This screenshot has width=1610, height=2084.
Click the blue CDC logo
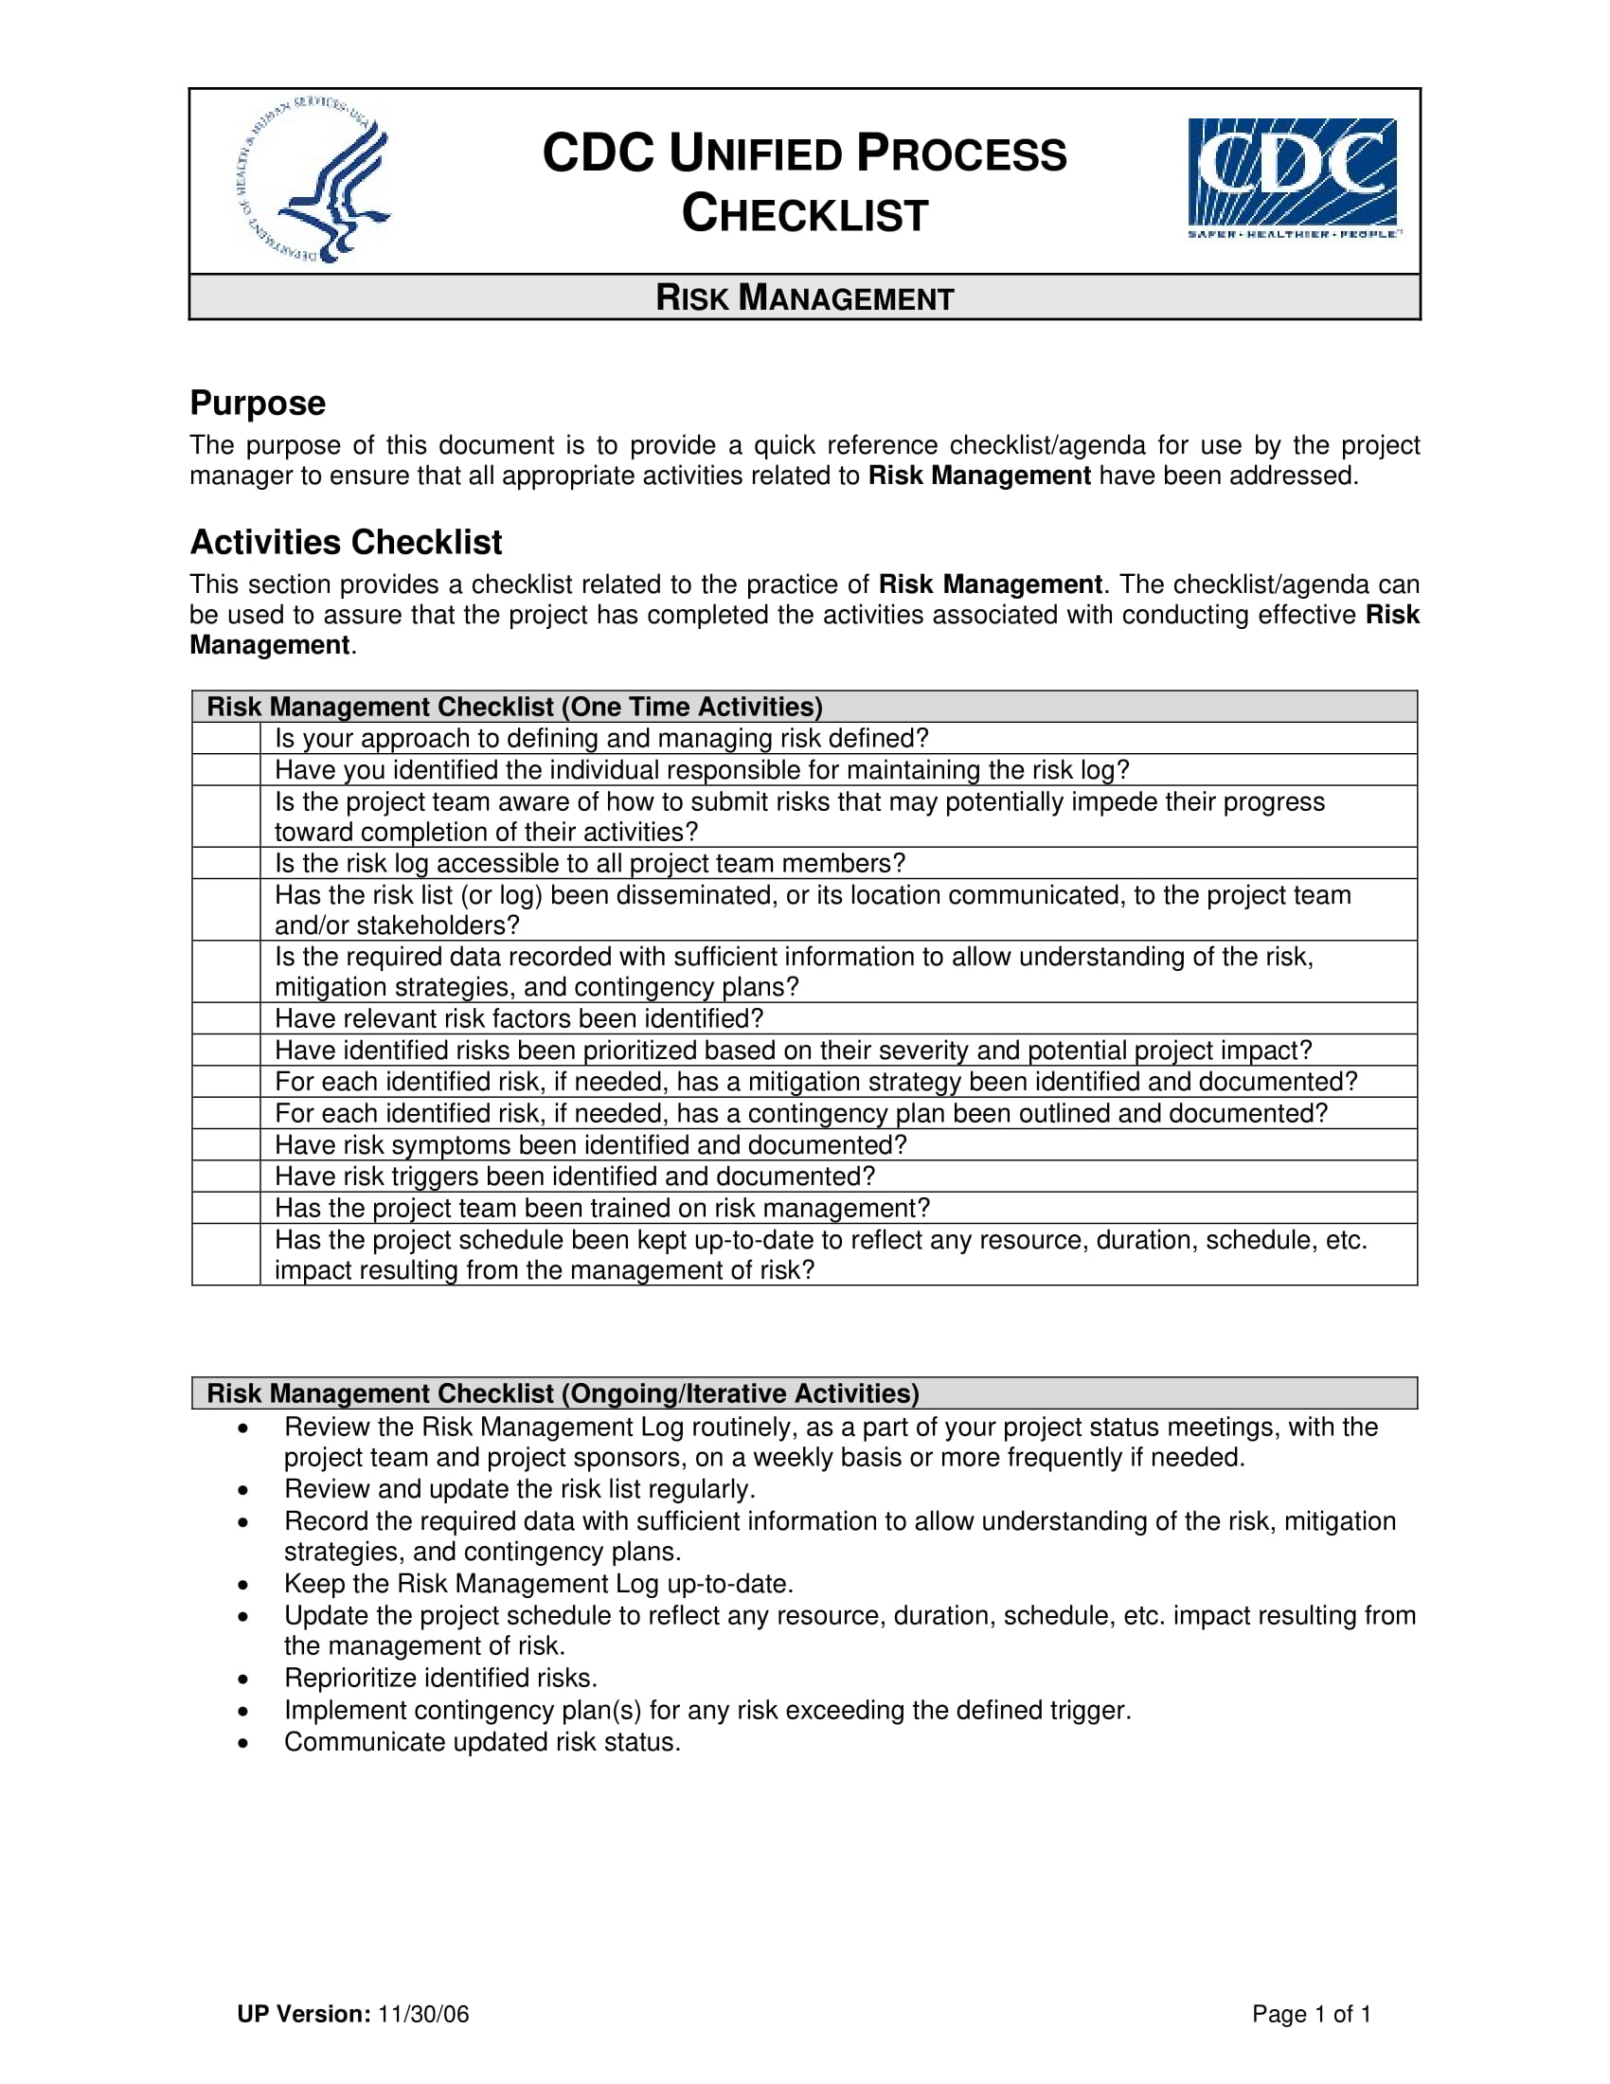pyautogui.click(x=1293, y=177)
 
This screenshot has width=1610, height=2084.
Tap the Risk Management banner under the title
pyautogui.click(x=804, y=297)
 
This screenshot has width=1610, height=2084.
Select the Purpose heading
pyautogui.click(x=258, y=403)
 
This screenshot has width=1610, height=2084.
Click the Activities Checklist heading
pyautogui.click(x=346, y=542)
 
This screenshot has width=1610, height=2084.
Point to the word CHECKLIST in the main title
pyautogui.click(x=804, y=214)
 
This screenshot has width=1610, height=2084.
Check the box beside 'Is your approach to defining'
pyautogui.click(x=226, y=739)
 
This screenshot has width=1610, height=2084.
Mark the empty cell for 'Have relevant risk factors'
pyautogui.click(x=226, y=1018)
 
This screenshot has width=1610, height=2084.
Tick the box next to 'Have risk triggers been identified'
pyautogui.click(x=226, y=1176)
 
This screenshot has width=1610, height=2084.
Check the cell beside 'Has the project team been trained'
pyautogui.click(x=226, y=1208)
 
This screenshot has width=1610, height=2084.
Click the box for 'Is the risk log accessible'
pyautogui.click(x=226, y=864)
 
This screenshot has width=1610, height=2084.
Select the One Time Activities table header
pyautogui.click(x=515, y=707)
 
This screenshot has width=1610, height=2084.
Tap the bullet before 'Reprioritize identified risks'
pyautogui.click(x=244, y=1679)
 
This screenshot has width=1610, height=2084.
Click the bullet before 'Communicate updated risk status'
pyautogui.click(x=244, y=1742)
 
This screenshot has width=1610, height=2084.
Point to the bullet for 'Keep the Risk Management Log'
pyautogui.click(x=244, y=1584)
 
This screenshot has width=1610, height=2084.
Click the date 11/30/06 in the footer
pyautogui.click(x=423, y=2013)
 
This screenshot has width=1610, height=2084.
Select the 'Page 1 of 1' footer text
pyautogui.click(x=1312, y=2013)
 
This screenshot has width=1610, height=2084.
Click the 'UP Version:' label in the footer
pyautogui.click(x=303, y=2013)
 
